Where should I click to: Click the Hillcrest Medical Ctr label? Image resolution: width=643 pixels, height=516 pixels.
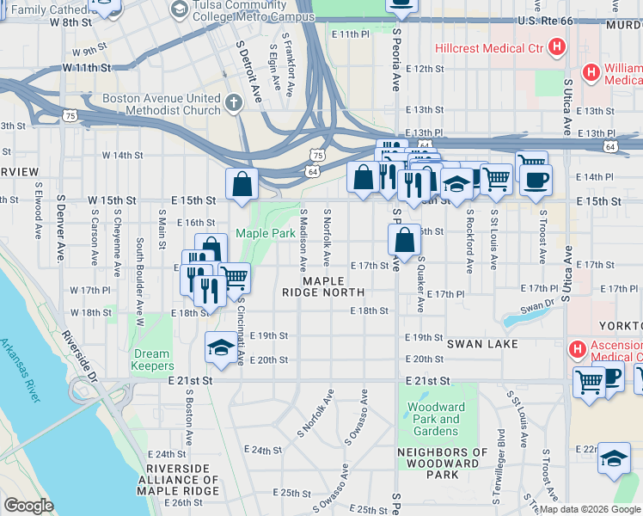(x=487, y=46)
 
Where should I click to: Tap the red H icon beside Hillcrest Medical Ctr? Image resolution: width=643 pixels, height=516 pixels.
(x=557, y=46)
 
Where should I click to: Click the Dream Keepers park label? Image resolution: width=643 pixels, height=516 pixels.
(x=151, y=359)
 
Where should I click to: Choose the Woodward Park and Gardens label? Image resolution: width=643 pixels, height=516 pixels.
(x=433, y=419)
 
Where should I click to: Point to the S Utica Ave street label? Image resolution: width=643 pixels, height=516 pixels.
(x=566, y=107)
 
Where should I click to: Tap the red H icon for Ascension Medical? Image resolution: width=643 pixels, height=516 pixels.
(x=578, y=349)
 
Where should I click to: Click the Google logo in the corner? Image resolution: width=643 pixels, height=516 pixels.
(x=28, y=506)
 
